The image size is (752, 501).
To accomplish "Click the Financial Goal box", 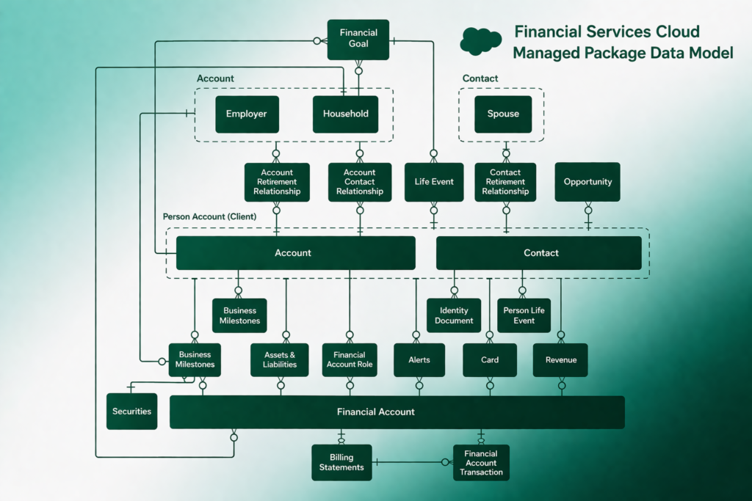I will (358, 39).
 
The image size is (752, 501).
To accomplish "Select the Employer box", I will (247, 114).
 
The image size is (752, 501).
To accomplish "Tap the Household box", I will (345, 114).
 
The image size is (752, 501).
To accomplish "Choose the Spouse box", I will (503, 114).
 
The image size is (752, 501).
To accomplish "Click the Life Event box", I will (434, 182).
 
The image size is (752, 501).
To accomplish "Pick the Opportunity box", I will (587, 182).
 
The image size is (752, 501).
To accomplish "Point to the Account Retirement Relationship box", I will (276, 182).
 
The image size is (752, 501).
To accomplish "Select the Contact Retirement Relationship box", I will (505, 182).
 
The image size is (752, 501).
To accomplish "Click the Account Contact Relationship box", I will (360, 182).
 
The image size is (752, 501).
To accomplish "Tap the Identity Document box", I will (454, 315).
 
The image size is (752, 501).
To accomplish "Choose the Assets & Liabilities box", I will (280, 359).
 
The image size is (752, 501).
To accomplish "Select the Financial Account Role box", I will (350, 359).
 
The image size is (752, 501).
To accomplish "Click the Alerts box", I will (419, 359).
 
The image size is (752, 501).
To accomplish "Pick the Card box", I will (490, 359).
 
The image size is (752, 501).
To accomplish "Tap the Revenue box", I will (560, 359).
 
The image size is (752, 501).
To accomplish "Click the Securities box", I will (131, 412).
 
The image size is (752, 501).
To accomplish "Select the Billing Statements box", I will (341, 462).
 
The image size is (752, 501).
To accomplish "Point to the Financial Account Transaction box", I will (481, 463).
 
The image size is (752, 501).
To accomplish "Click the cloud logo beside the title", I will (480, 41).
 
